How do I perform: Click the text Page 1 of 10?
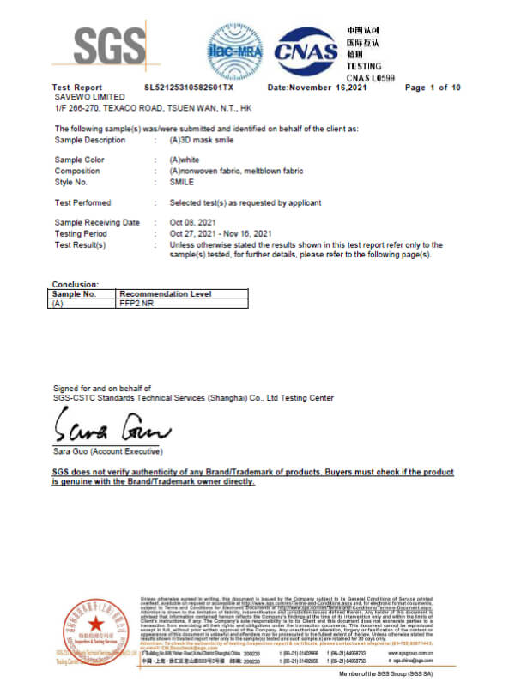[433, 88]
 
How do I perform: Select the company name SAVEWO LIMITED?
[85, 96]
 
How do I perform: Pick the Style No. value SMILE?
[182, 182]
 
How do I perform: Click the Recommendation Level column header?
[165, 294]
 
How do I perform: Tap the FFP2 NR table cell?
[136, 304]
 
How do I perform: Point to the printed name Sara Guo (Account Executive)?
[107, 451]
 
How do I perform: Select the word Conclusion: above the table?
[76, 284]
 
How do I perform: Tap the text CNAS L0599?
[370, 77]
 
